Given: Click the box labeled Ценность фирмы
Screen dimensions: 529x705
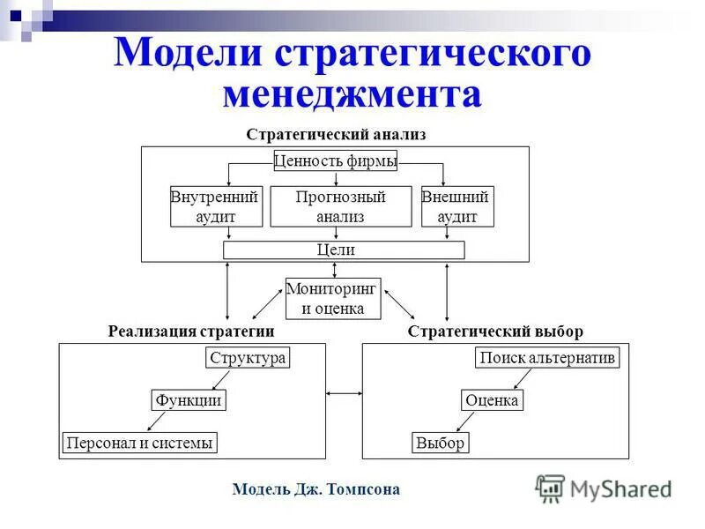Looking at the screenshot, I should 335,160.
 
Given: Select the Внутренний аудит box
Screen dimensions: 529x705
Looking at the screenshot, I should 216,206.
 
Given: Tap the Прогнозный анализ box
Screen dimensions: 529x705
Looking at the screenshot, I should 340,206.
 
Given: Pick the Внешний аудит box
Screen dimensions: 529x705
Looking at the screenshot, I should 456,206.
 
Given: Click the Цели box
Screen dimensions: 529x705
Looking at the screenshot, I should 344,250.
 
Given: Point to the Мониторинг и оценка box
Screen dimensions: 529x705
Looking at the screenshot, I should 333,298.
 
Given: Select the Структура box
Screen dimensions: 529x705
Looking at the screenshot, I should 248,358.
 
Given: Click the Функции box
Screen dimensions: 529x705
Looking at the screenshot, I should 187,400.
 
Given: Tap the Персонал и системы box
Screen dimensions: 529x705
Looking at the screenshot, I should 139,443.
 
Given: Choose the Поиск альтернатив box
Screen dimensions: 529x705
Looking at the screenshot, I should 547,358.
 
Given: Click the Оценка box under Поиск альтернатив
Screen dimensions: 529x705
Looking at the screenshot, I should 492,400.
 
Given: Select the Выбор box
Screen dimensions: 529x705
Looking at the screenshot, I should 440,443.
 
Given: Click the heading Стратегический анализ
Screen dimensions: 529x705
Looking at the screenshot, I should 336,135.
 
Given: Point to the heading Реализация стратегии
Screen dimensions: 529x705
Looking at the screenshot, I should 191,332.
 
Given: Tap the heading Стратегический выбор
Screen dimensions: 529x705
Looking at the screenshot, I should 495,332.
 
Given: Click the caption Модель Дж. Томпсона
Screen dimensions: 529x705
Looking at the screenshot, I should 315,489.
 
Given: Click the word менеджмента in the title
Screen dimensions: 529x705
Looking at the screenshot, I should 352,94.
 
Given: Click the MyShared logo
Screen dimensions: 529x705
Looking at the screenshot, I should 603,488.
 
